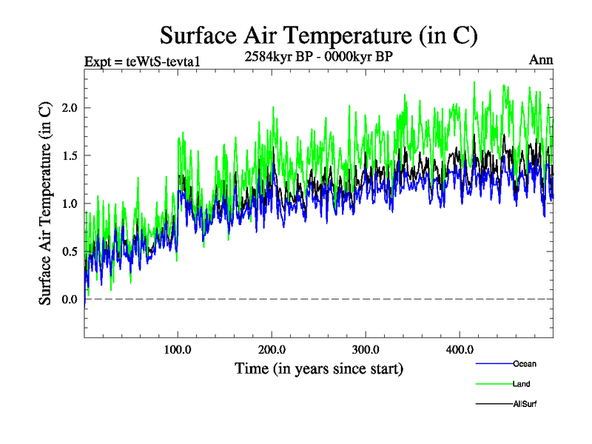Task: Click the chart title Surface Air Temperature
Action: click(319, 35)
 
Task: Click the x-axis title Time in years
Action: click(319, 368)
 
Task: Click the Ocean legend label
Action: click(524, 364)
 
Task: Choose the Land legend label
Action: click(521, 384)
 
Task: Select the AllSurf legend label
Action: click(525, 404)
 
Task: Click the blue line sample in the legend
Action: click(493, 364)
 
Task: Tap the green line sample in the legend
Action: click(493, 384)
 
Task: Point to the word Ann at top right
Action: click(541, 60)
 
